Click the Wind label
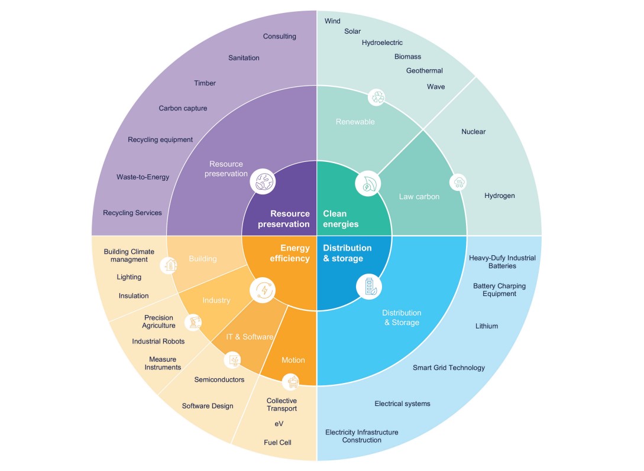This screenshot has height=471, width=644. (332, 21)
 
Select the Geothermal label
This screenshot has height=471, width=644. (424, 71)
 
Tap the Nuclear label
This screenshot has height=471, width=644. (473, 132)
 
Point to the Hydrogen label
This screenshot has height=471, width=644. (499, 196)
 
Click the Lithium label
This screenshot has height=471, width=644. (487, 326)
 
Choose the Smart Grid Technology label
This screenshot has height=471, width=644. (448, 368)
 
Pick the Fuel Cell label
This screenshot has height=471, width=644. (277, 443)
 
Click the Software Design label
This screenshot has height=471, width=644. (207, 406)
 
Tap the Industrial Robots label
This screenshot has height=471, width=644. (158, 342)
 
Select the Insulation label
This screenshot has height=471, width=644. (134, 296)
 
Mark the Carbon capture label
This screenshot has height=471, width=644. (183, 109)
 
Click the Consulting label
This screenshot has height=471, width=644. (279, 37)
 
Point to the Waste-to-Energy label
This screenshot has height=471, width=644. (143, 177)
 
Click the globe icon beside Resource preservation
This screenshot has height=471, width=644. (262, 181)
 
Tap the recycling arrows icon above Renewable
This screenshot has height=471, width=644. (377, 97)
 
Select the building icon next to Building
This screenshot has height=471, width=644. (170, 265)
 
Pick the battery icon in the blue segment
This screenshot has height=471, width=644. (369, 287)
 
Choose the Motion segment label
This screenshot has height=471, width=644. (293, 360)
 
